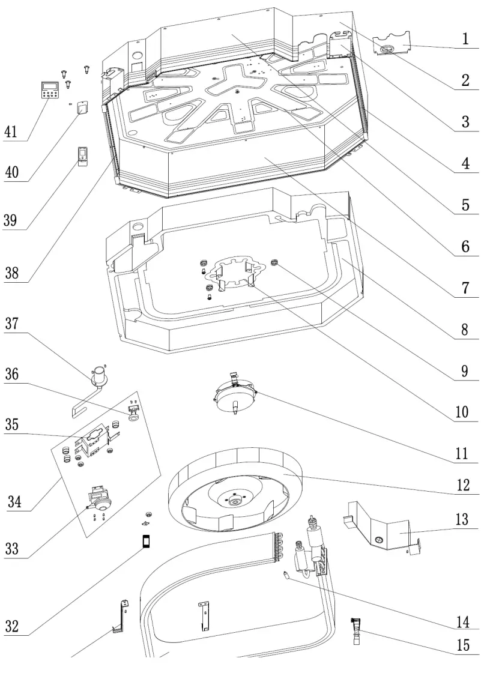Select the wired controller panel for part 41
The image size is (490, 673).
pyautogui.click(x=49, y=91)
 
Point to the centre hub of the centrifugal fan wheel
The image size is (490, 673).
pyautogui.click(x=233, y=498)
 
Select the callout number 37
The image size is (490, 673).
pyautogui.click(x=12, y=325)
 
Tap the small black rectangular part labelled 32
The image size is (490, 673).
pyautogui.click(x=145, y=542)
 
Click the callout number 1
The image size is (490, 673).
pyautogui.click(x=465, y=39)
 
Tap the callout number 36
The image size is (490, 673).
pyautogui.click(x=12, y=374)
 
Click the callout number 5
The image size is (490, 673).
pyautogui.click(x=465, y=205)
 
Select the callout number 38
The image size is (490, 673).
pyautogui.click(x=12, y=273)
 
